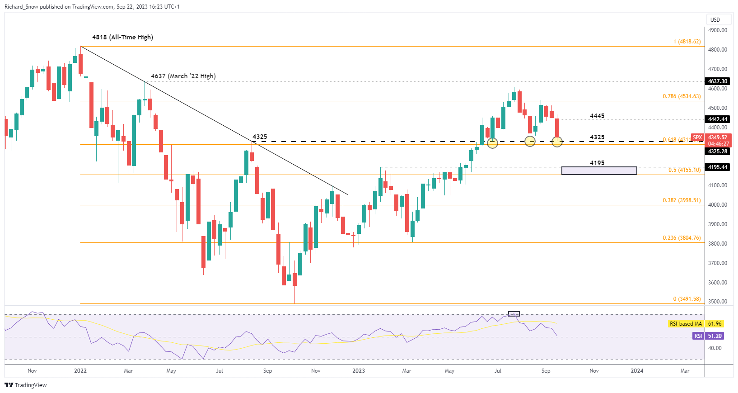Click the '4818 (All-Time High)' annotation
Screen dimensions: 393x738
(122, 37)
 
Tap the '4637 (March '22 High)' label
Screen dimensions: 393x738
(183, 76)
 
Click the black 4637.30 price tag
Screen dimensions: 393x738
(718, 81)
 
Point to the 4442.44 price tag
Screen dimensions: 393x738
(718, 119)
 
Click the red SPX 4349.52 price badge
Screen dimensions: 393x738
(711, 140)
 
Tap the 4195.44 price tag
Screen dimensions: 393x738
(718, 167)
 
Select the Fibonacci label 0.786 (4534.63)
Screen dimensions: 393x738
(682, 96)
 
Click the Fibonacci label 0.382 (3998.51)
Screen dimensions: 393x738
(682, 200)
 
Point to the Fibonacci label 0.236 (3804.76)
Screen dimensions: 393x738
(682, 238)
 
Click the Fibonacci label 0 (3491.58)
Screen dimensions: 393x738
(687, 299)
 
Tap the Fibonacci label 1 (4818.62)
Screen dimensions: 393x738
(687, 42)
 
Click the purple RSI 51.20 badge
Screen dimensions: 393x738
(708, 336)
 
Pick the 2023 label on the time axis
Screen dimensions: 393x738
(359, 371)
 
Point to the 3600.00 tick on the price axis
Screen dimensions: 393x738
(718, 283)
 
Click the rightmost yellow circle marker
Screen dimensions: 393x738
(557, 142)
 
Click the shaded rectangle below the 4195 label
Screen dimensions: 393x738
(599, 170)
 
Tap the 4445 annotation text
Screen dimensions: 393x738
(597, 116)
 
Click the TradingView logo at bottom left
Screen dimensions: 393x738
(26, 385)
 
